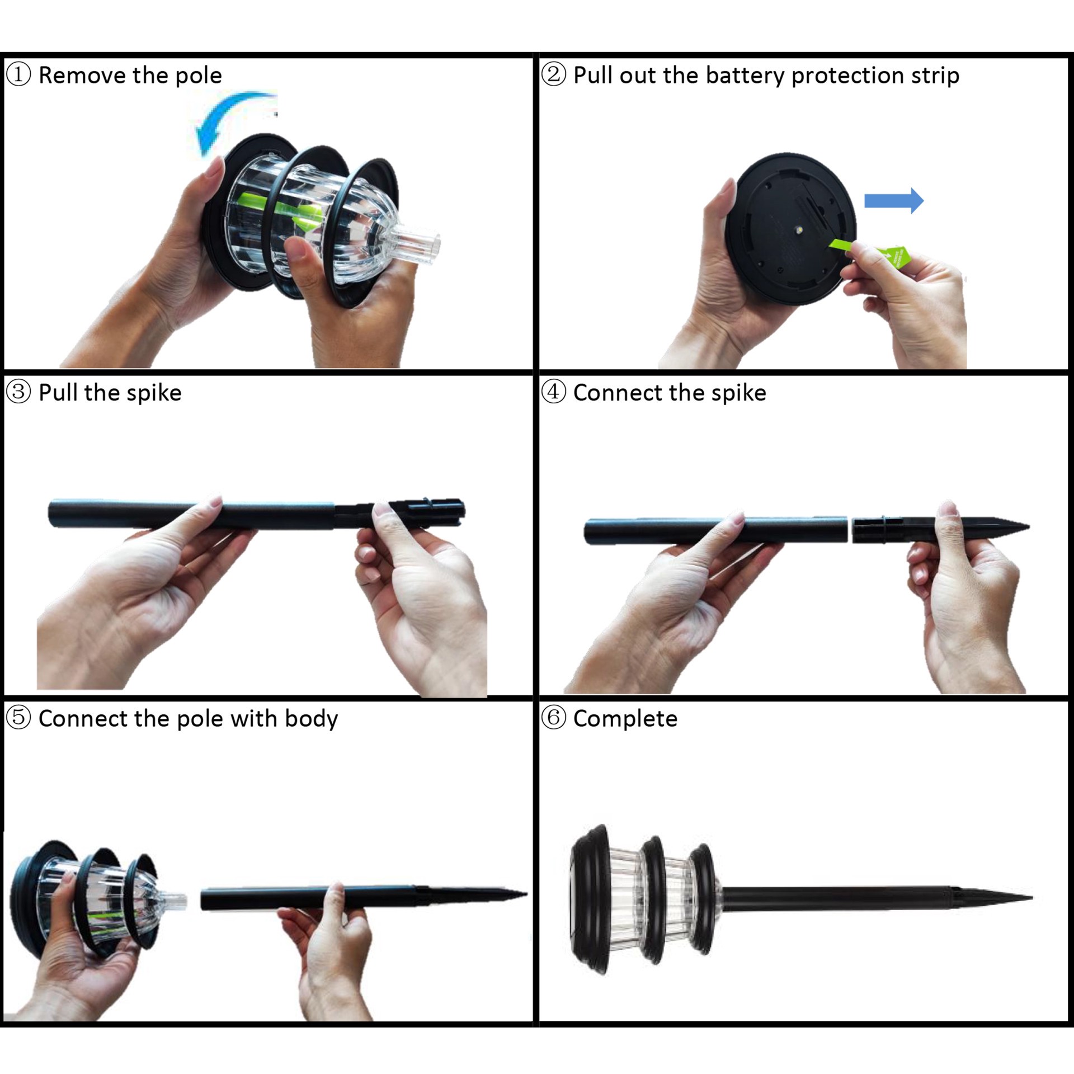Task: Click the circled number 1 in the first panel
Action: click(x=18, y=74)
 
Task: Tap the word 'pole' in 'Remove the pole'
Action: click(x=199, y=76)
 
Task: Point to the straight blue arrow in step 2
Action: click(x=893, y=200)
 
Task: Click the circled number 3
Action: click(x=18, y=392)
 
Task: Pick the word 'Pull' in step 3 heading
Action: click(x=58, y=392)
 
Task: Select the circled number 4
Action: click(x=553, y=392)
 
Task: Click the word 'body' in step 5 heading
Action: click(x=311, y=719)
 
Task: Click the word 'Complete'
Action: click(x=625, y=719)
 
